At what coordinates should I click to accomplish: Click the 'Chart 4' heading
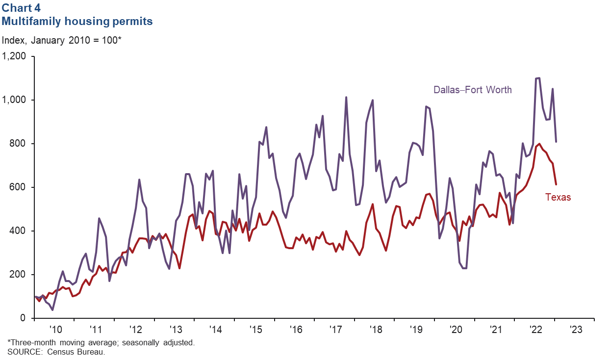22,8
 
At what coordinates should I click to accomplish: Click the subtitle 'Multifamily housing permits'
77,21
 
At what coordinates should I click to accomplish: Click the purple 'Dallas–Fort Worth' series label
472,90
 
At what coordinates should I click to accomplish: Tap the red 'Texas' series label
558,198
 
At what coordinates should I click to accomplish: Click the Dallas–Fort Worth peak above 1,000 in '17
346,97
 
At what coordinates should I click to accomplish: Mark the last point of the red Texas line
556,184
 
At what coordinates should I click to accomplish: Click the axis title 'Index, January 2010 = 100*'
62,40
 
